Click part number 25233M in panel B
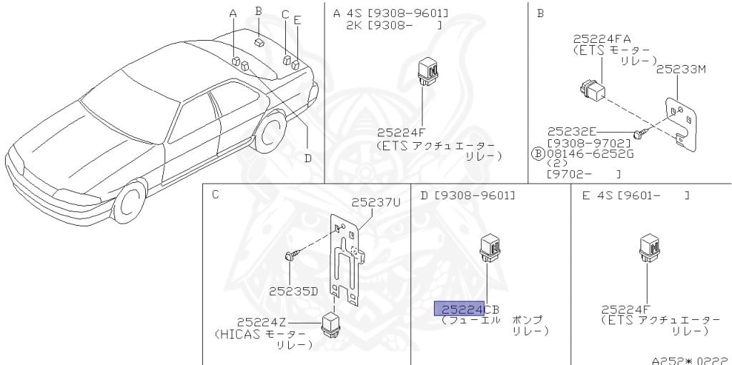point(681,69)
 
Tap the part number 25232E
point(572,131)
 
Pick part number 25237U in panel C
point(376,203)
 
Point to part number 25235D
point(293,291)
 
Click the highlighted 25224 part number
point(460,309)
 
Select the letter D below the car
point(307,158)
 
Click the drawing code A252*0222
point(689,360)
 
